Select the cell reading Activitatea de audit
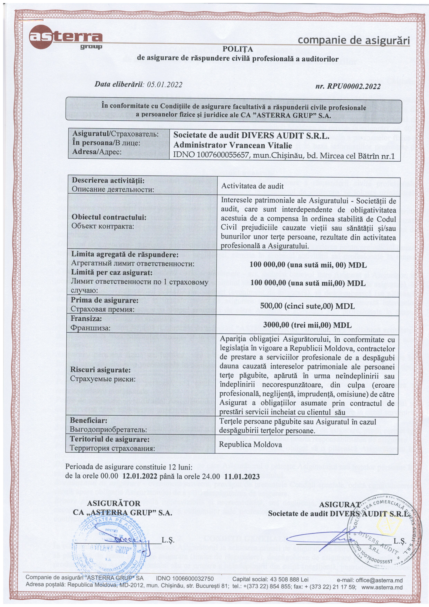(252, 186)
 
